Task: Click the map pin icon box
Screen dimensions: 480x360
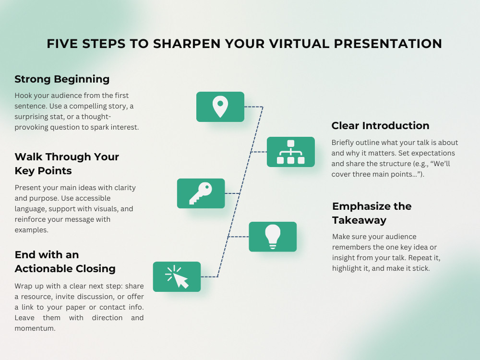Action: pos(220,107)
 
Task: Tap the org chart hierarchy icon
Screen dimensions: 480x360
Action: pos(291,152)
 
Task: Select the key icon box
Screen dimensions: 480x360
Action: pos(201,193)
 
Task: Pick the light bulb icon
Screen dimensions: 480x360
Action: pos(273,237)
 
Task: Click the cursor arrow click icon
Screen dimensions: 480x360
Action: pos(177,277)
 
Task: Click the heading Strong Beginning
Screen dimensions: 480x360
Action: pos(62,79)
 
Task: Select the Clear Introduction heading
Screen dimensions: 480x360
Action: pos(380,125)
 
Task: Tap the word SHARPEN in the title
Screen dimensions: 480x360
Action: pos(187,44)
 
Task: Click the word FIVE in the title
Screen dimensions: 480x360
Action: pos(62,44)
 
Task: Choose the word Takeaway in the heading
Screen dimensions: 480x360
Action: pos(360,220)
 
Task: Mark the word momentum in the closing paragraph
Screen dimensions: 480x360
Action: pos(35,328)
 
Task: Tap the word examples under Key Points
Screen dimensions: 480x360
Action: pos(32,230)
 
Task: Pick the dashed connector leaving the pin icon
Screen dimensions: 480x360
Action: pos(254,107)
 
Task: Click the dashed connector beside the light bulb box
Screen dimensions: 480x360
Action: pos(238,237)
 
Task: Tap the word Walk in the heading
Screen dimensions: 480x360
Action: pos(28,157)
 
